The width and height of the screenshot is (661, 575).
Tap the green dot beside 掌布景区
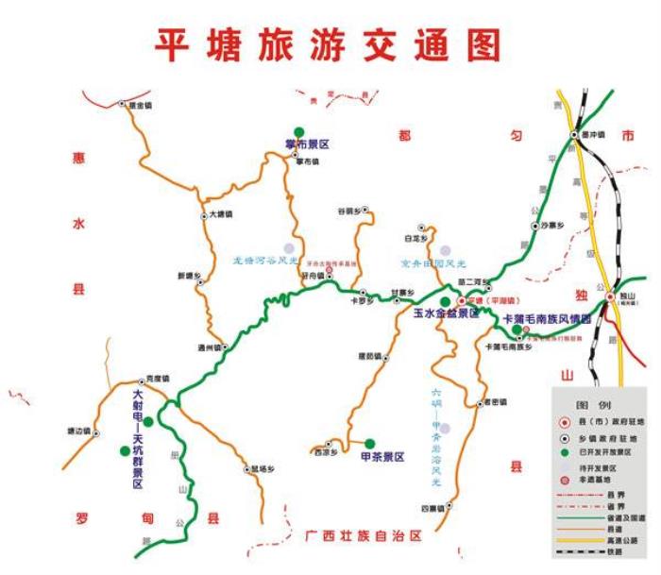298,131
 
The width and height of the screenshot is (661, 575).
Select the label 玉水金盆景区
446,313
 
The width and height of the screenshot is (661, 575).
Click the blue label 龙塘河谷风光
265,260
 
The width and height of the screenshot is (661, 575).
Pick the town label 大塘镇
219,214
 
